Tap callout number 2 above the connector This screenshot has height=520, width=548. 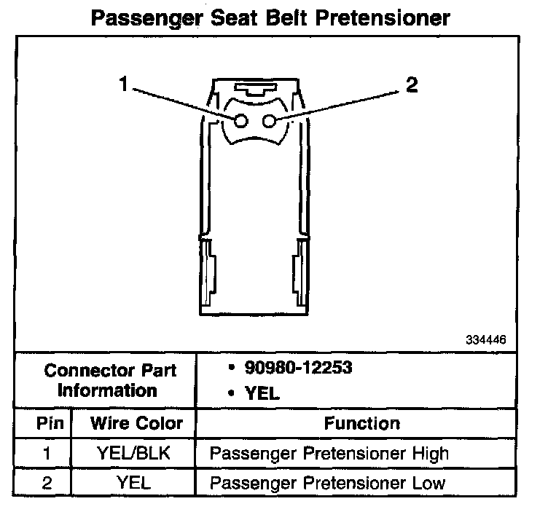412,86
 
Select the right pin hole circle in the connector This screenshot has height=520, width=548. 269,121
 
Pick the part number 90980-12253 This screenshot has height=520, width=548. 289,368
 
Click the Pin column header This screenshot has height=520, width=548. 47,423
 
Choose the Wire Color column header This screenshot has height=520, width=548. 136,423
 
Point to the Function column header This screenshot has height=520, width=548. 361,423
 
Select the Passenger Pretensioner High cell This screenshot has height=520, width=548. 329,454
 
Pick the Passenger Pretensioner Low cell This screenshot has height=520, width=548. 327,482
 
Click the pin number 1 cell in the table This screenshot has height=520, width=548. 47,454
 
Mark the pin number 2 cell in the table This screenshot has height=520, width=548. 47,482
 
